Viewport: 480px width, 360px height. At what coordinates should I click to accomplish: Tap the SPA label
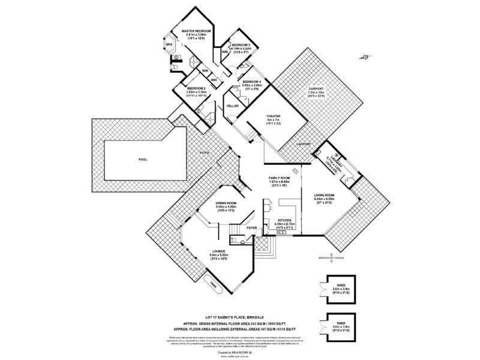168,44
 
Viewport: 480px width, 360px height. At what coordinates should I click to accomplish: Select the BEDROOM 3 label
240,45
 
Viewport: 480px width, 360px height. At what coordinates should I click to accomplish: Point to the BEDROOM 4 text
251,81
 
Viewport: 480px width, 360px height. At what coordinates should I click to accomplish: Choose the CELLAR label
232,106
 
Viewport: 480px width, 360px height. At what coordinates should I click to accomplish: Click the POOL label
142,160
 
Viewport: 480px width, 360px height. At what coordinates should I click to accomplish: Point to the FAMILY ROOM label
280,179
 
